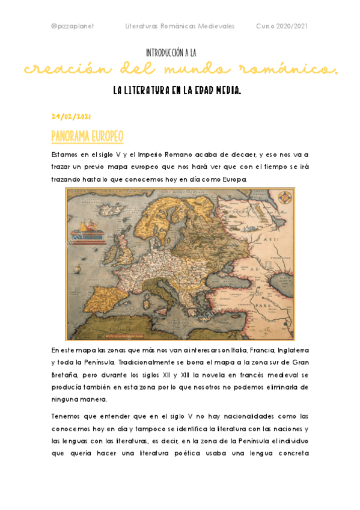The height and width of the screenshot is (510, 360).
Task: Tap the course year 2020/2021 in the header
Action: pyautogui.click(x=282, y=26)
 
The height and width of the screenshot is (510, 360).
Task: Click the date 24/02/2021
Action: pyautogui.click(x=71, y=115)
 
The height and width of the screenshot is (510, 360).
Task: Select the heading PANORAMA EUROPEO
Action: pyautogui.click(x=87, y=137)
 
